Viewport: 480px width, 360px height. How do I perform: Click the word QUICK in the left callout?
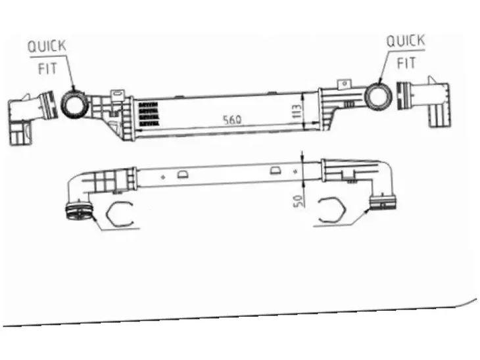coord(47,46)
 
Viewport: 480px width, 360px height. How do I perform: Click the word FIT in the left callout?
coord(47,68)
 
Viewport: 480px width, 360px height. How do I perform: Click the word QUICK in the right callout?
coord(406,41)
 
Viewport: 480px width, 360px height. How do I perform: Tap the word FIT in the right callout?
coord(406,63)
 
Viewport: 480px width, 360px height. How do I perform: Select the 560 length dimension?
coord(232,120)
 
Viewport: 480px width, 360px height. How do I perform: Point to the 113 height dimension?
coord(297,112)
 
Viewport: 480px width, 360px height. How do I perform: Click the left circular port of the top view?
coord(75,103)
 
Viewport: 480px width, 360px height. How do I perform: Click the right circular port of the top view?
coord(379,97)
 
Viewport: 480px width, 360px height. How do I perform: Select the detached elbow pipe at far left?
coord(31,118)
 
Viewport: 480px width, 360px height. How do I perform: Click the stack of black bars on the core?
coord(149,114)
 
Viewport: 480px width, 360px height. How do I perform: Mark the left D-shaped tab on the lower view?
coord(183,174)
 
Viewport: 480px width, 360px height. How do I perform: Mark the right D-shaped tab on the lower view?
coord(276,170)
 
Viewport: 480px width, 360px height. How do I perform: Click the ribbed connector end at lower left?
coord(79,211)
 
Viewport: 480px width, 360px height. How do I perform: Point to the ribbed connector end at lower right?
coord(383,202)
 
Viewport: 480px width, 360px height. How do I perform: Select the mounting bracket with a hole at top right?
coord(345,84)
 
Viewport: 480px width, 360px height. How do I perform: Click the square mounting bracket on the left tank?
coord(118,95)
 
